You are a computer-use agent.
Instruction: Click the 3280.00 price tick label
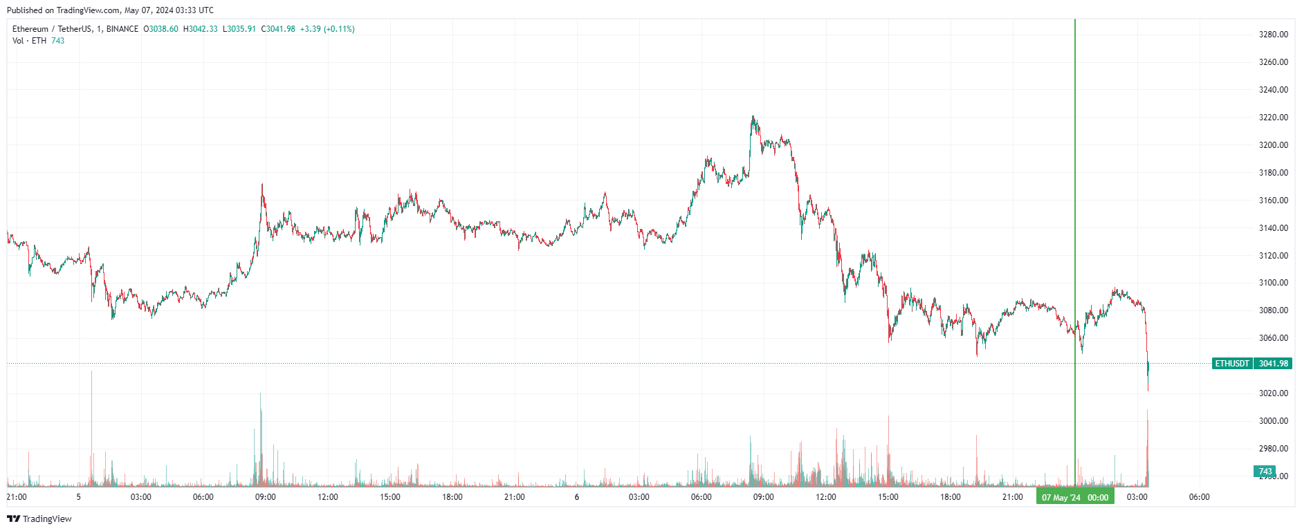(x=1273, y=35)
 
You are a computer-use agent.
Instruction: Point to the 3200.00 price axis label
(x=1273, y=145)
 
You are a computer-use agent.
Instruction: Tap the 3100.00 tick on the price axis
(x=1273, y=283)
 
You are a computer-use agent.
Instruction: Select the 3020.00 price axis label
(x=1273, y=393)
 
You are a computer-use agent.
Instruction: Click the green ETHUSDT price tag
(x=1232, y=364)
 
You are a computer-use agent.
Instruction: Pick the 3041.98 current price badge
(x=1273, y=364)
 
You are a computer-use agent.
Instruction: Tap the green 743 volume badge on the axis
(x=1265, y=472)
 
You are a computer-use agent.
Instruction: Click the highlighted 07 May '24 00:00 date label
(x=1075, y=498)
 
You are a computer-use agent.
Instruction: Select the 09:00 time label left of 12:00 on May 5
(x=266, y=497)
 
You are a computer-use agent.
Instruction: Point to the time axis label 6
(x=576, y=497)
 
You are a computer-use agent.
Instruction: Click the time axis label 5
(x=79, y=497)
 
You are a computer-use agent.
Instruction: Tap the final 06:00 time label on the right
(x=1199, y=497)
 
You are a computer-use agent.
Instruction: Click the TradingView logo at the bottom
(x=39, y=519)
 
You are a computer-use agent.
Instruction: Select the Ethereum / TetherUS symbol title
(x=52, y=29)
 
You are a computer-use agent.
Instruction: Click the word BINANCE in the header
(x=122, y=29)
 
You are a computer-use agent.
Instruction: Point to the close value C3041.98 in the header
(x=278, y=29)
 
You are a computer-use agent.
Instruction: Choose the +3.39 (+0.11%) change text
(x=327, y=29)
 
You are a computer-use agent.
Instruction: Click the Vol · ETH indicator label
(x=29, y=41)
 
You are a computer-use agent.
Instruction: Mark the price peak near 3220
(x=753, y=117)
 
